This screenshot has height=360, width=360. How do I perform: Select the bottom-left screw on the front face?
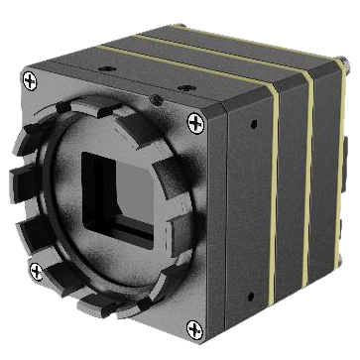coord(36,270)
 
